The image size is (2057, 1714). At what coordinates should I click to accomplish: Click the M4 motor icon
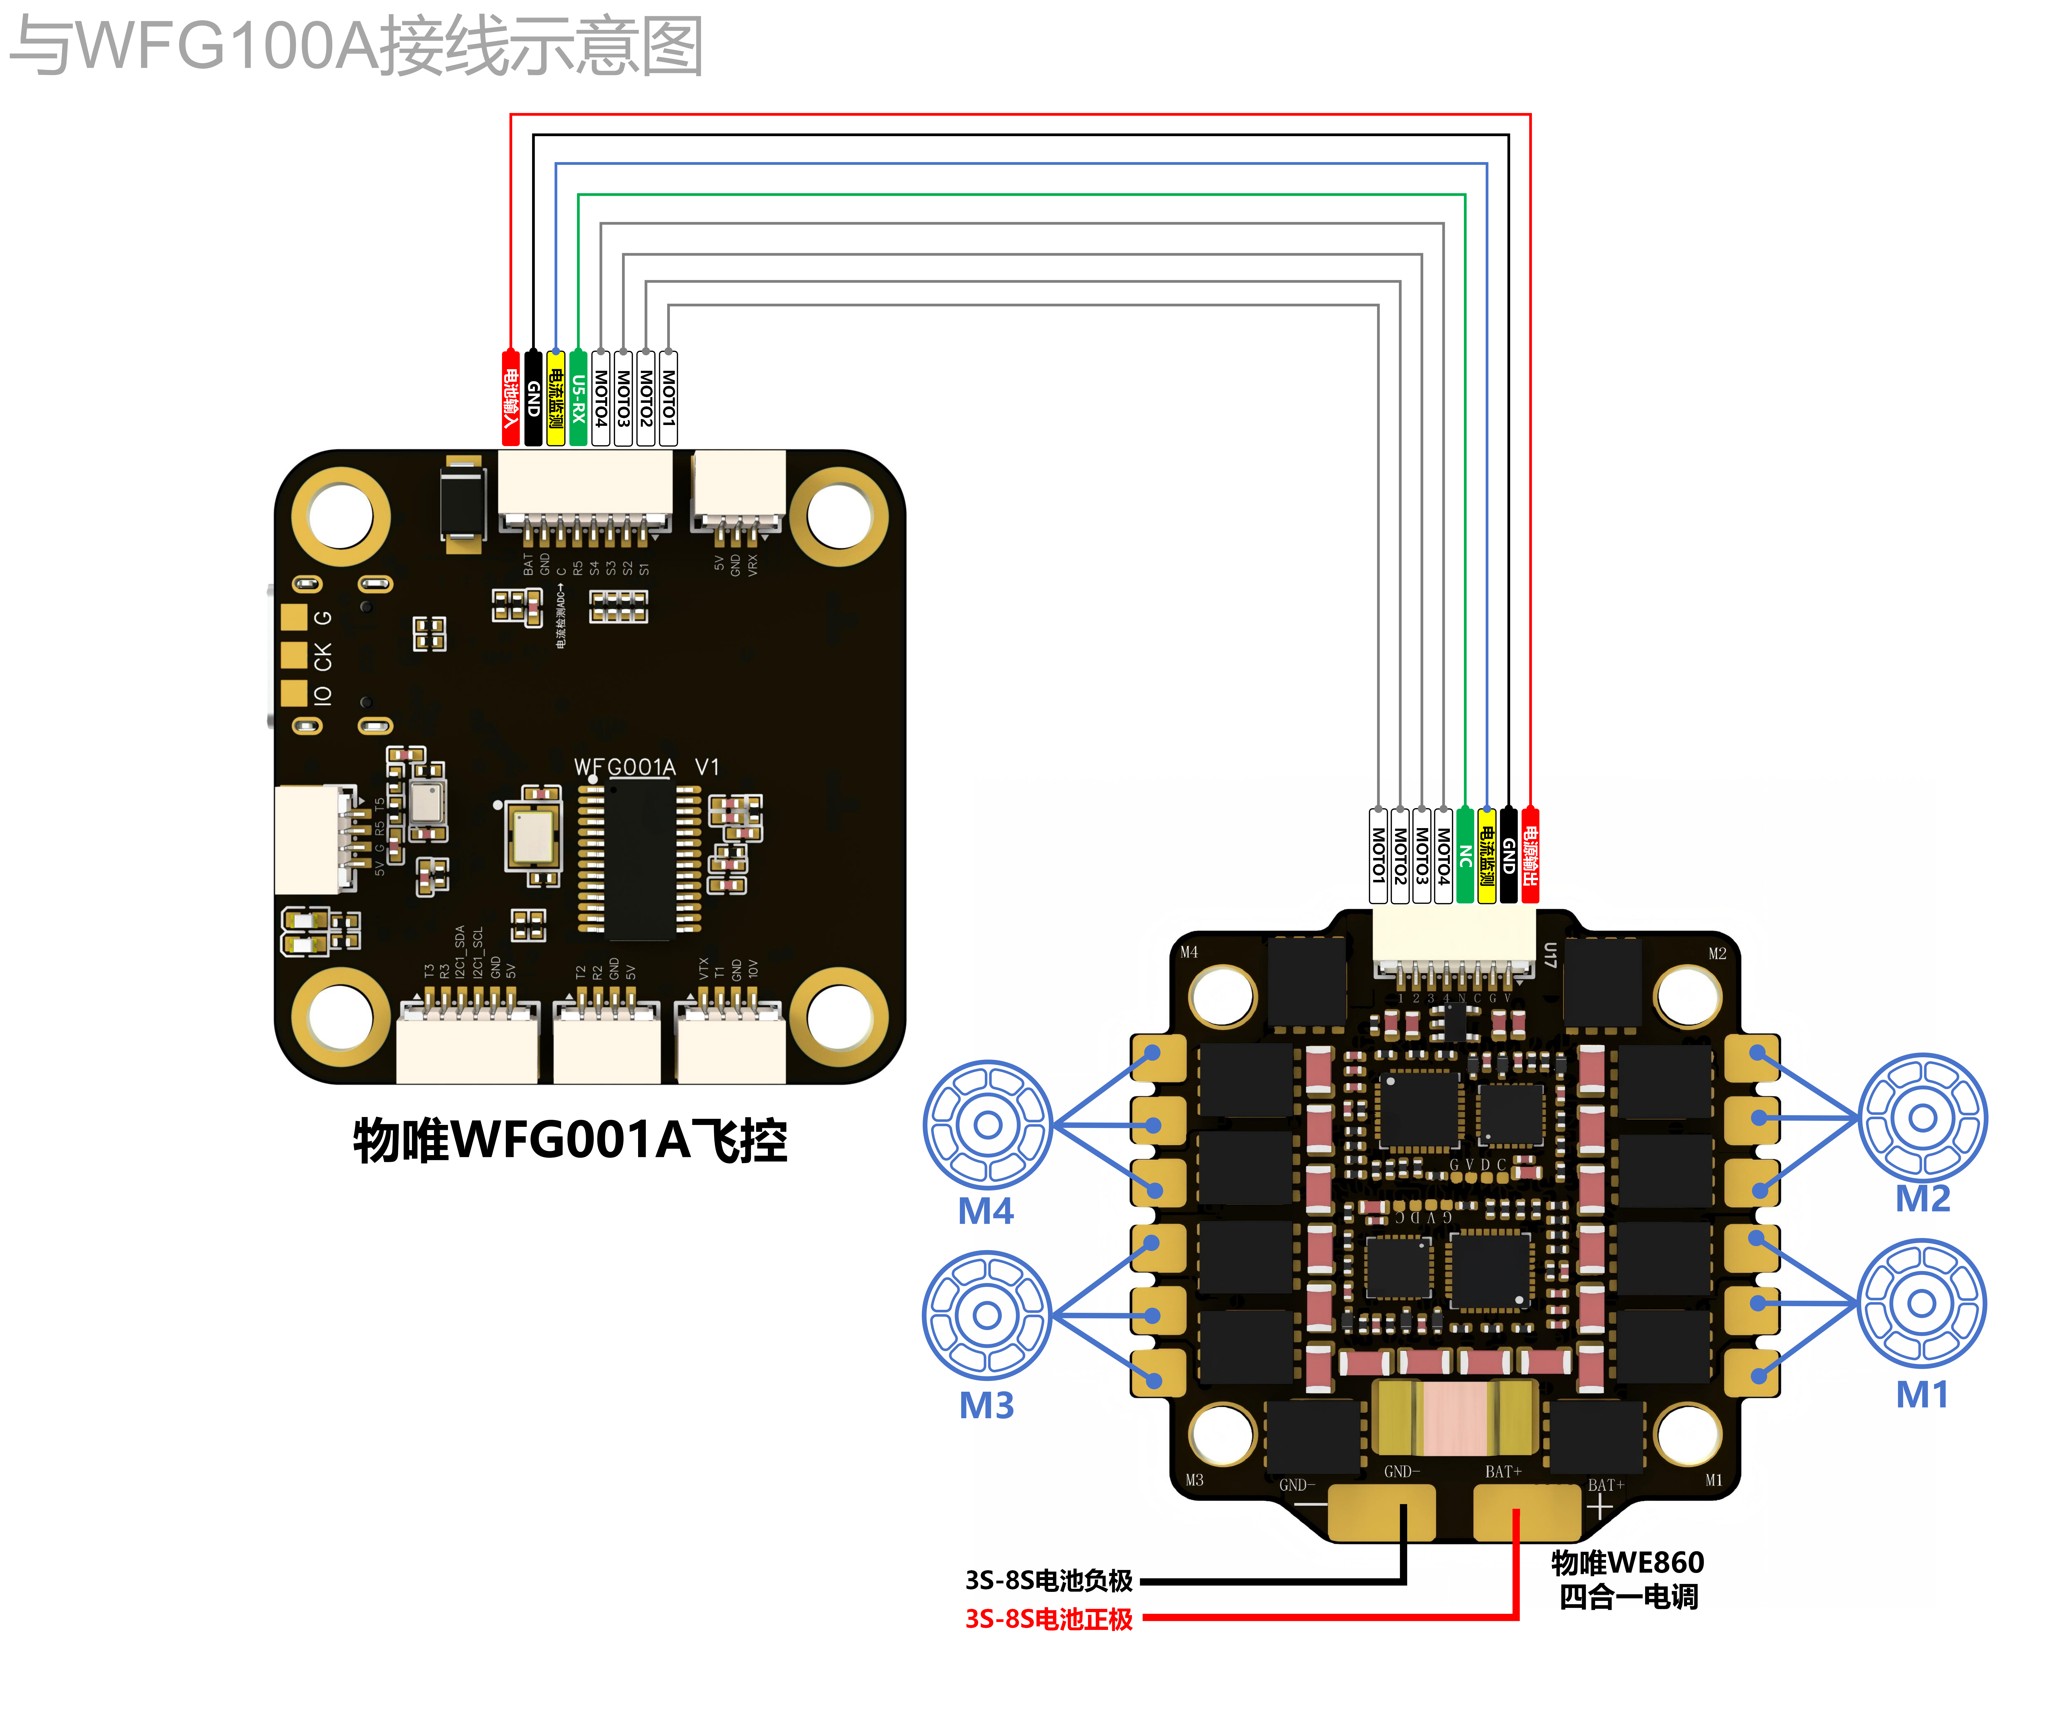pos(987,1124)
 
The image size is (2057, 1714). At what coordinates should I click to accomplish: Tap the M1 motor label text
pos(1922,1394)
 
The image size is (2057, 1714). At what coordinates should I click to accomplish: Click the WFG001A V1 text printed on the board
pos(647,767)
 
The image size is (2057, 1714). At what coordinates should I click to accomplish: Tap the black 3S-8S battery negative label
pos(1048,1580)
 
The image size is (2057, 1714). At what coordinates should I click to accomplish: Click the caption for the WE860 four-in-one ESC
pos(1628,1579)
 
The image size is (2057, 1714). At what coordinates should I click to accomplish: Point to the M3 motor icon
pos(987,1314)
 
